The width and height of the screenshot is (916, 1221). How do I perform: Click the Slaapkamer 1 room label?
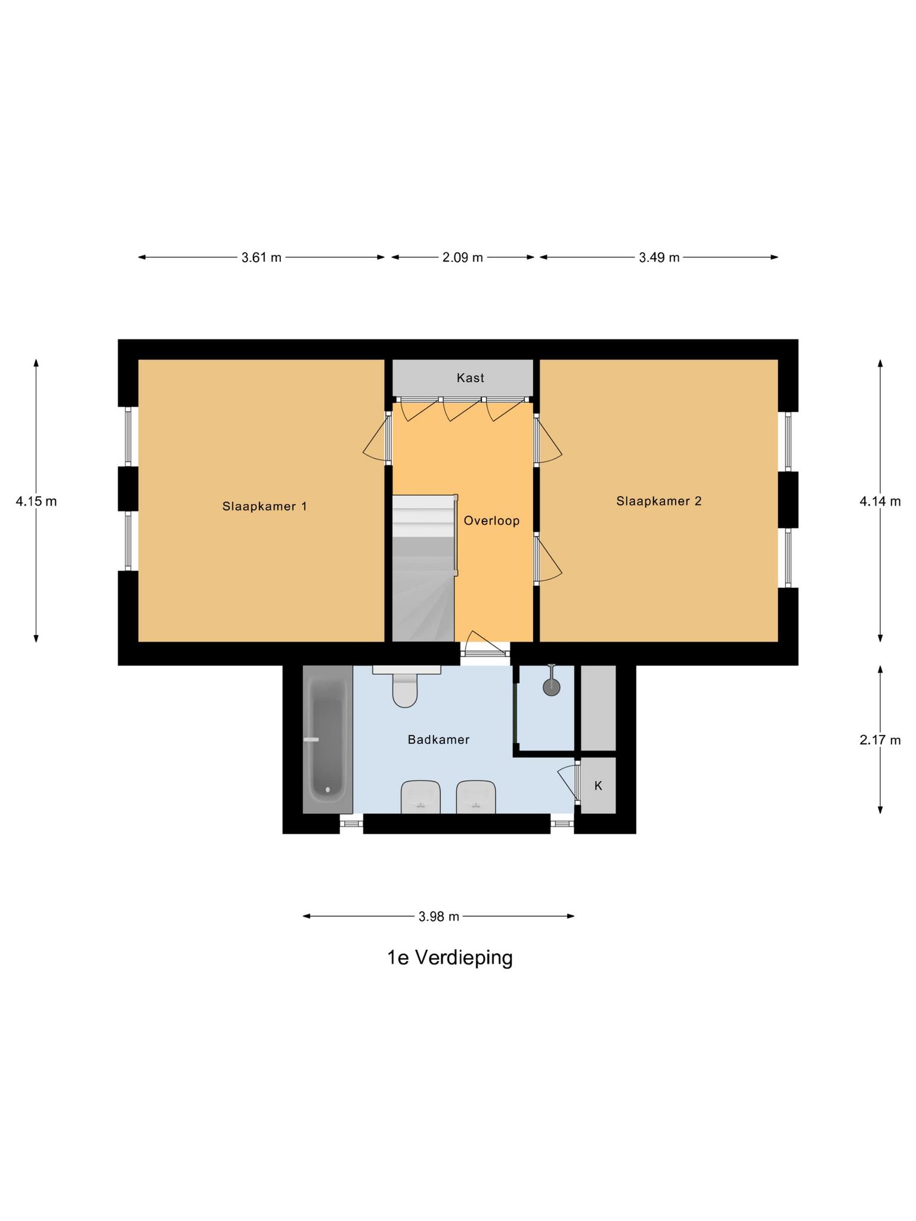tap(264, 506)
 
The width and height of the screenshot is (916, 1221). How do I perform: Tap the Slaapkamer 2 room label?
tap(658, 501)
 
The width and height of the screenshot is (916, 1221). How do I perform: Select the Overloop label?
tap(491, 520)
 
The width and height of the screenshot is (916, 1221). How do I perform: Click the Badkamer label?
tap(438, 739)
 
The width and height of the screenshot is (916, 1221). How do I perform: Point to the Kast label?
tap(470, 377)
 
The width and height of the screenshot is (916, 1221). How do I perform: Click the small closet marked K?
tap(598, 786)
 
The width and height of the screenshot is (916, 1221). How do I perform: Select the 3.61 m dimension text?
tap(261, 258)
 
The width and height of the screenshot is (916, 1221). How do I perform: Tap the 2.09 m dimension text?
tap(462, 258)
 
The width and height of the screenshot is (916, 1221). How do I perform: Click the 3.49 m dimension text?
tap(659, 258)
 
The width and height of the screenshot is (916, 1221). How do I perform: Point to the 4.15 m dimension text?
tap(36, 501)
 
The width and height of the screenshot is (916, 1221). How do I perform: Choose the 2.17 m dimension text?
tap(880, 740)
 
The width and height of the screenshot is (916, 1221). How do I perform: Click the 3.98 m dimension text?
tap(439, 916)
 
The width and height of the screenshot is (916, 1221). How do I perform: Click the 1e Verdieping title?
tap(450, 957)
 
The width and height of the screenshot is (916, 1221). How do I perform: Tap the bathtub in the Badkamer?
tap(327, 739)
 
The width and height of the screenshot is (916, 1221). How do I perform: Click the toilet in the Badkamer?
tap(406, 690)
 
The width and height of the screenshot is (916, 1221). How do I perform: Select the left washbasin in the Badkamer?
tap(420, 798)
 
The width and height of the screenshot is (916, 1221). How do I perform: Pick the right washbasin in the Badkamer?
tap(475, 798)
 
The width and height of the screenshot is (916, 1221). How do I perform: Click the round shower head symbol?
tap(552, 687)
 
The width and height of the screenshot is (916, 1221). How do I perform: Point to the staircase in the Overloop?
tap(423, 566)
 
